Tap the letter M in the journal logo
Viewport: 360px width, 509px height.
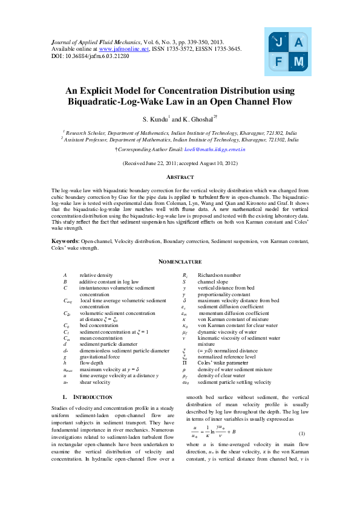[x=298, y=62]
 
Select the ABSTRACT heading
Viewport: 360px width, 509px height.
[x=180, y=177]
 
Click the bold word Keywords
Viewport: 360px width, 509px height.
[x=65, y=241]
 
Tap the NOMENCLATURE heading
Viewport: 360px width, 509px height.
[x=180, y=261]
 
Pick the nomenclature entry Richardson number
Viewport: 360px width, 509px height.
[x=218, y=275]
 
